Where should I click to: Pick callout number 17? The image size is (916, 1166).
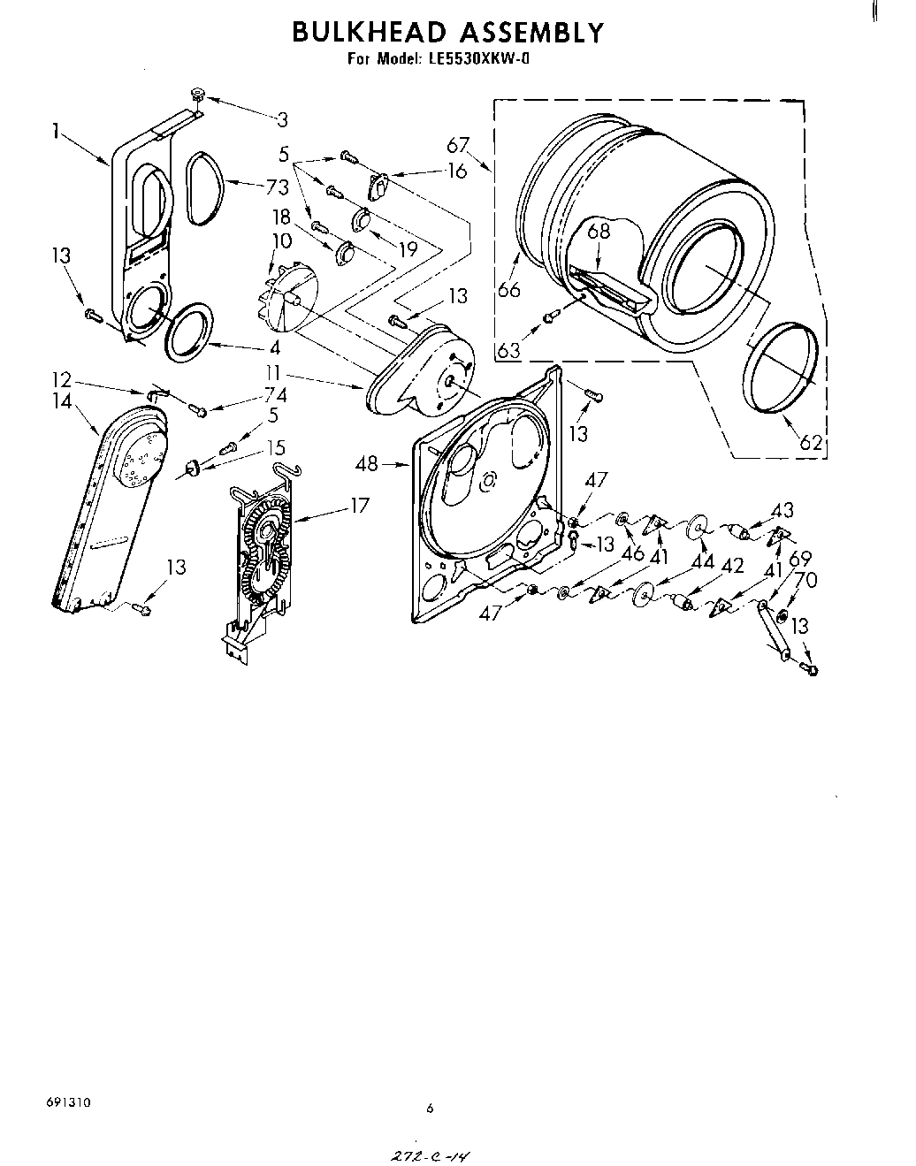[x=359, y=506]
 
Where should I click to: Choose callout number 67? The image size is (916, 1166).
[x=457, y=146]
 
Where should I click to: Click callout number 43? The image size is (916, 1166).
[x=782, y=510]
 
